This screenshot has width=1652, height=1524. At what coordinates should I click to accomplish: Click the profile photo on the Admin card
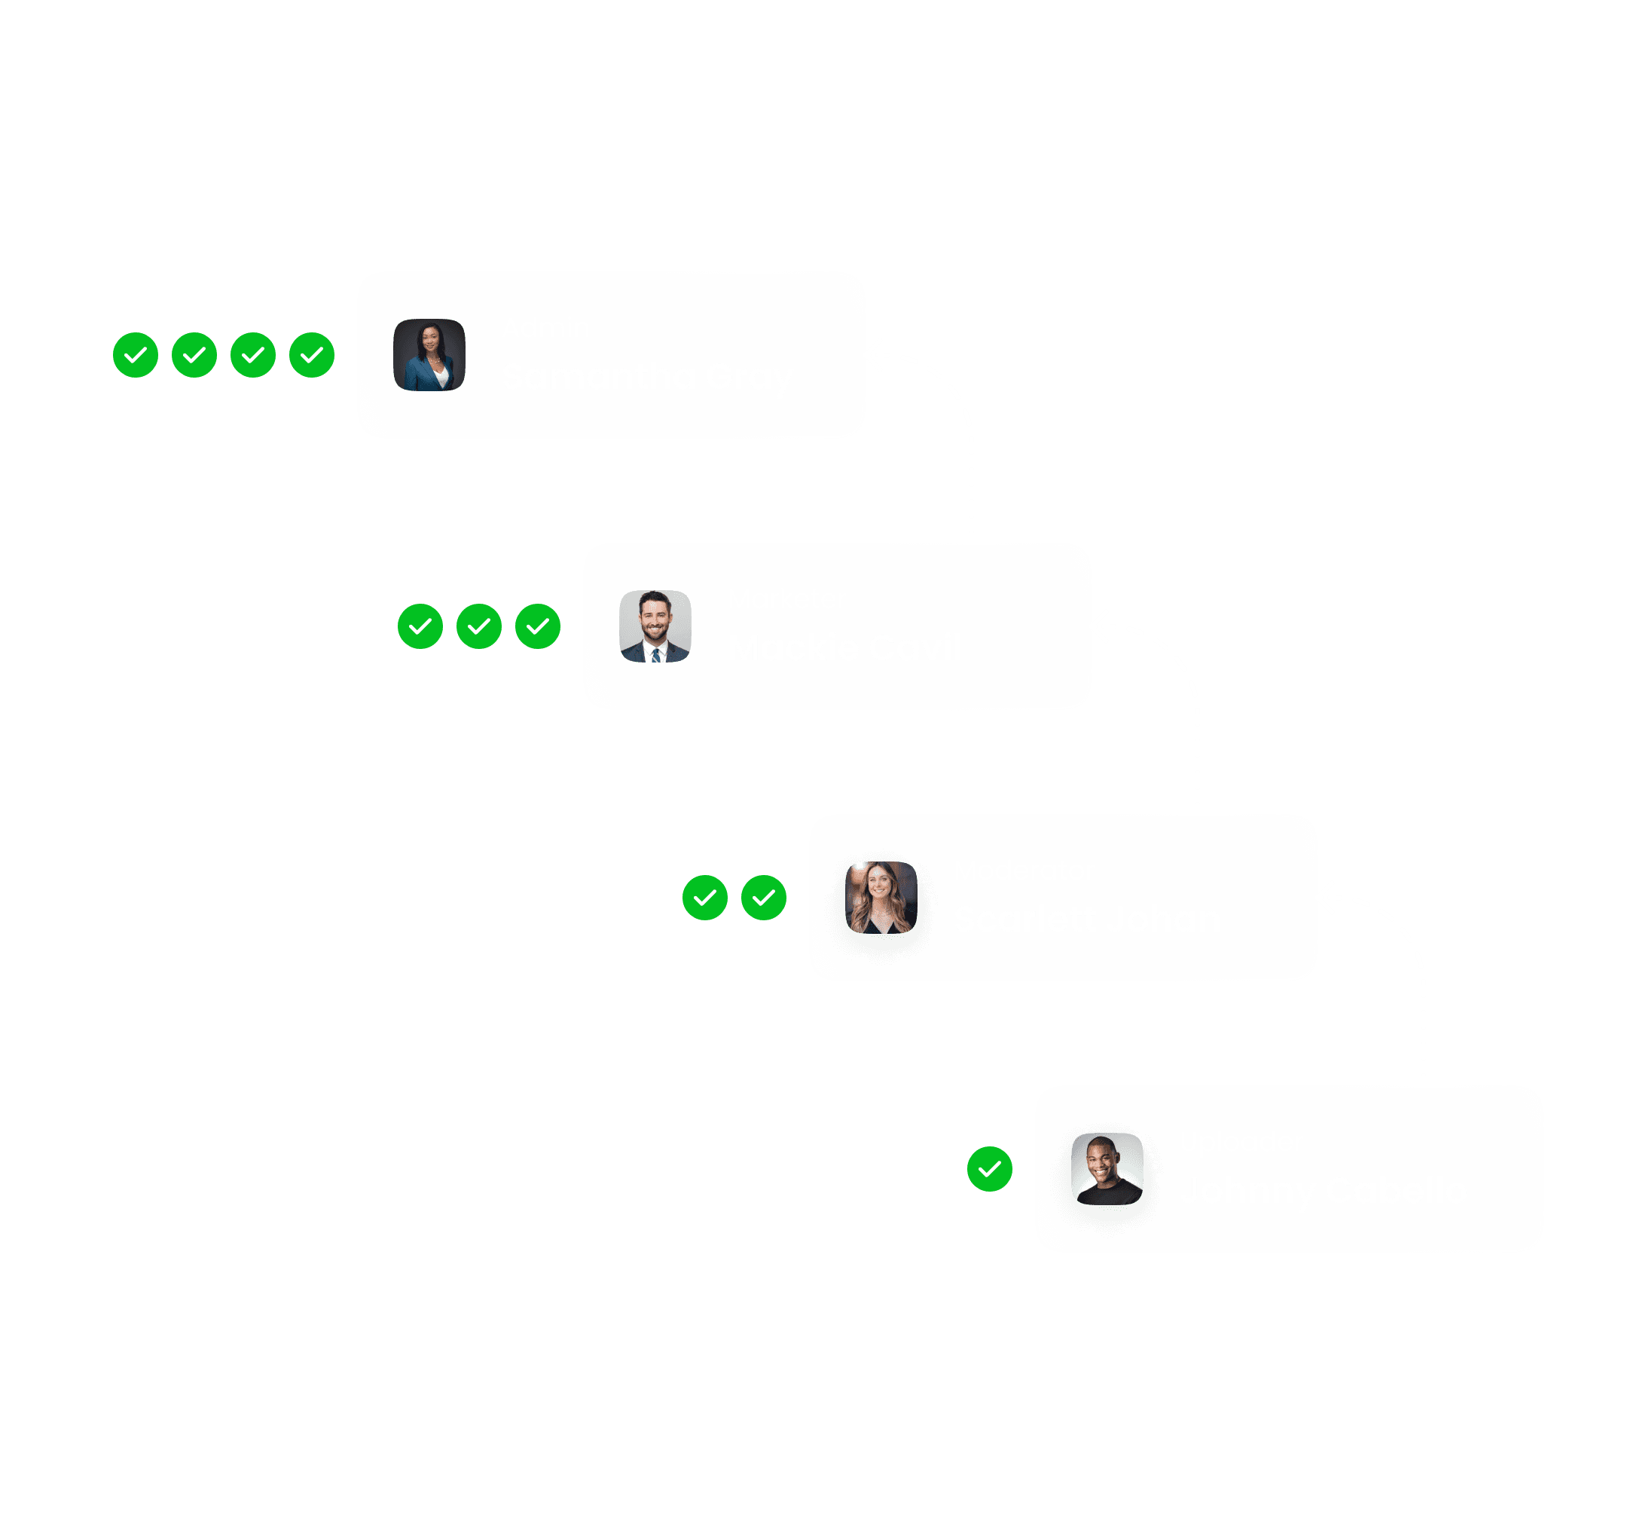click(429, 354)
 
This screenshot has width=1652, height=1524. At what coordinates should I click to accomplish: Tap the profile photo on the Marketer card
click(655, 626)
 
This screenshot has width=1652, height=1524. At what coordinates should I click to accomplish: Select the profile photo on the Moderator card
click(881, 897)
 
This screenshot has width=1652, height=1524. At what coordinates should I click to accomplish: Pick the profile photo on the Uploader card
click(1107, 1168)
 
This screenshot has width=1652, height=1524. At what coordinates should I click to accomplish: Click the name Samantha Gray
click(646, 377)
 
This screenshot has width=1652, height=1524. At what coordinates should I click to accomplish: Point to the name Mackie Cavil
click(845, 648)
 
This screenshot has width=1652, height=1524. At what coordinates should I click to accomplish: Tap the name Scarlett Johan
click(1086, 920)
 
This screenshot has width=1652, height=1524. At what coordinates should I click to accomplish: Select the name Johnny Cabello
click(1322, 1191)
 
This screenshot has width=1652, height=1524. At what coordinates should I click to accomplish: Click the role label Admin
click(545, 328)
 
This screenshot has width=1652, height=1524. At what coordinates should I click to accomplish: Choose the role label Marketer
click(786, 599)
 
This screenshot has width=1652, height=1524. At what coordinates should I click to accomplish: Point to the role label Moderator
click(1024, 871)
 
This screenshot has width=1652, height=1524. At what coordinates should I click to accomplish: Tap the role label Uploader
click(1241, 1142)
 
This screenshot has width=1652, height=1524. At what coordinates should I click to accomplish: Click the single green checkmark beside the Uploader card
click(989, 1168)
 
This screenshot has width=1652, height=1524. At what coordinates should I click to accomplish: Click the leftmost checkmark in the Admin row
click(135, 354)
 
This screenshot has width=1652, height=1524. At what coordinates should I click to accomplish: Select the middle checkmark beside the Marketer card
click(479, 626)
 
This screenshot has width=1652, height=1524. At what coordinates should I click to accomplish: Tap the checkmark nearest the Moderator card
click(763, 897)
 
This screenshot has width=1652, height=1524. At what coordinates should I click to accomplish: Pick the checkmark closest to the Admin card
click(312, 354)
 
